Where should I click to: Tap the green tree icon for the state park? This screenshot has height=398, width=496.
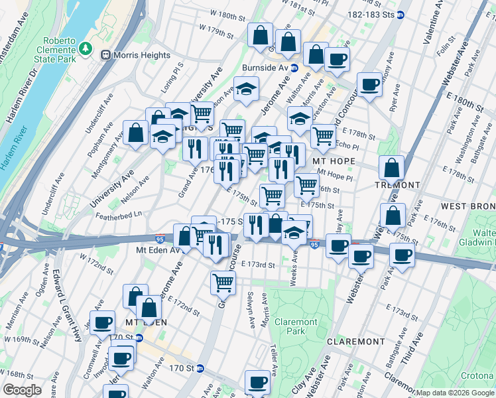click(84, 48)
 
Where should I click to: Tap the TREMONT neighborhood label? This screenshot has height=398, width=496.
click(398, 184)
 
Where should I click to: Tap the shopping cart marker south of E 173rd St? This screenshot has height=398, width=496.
click(223, 283)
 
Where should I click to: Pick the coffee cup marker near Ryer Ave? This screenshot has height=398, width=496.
click(369, 84)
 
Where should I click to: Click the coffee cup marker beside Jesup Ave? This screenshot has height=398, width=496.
click(103, 322)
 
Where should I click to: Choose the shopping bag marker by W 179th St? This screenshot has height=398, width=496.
click(261, 34)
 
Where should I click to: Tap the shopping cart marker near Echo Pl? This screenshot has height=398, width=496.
click(323, 135)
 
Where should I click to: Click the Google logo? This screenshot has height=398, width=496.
click(22, 390)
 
